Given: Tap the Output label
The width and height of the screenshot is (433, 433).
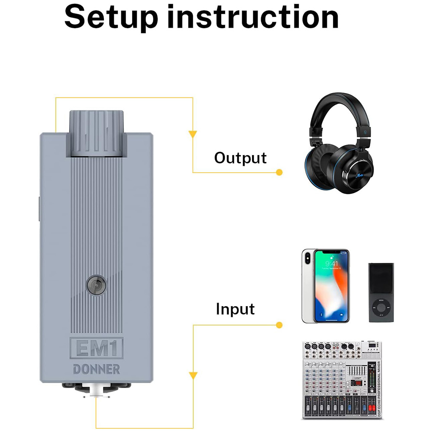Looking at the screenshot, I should [x=240, y=158].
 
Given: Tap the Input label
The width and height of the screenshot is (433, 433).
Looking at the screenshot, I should [x=235, y=309].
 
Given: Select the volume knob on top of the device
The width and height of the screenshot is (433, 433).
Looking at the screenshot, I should [x=96, y=132].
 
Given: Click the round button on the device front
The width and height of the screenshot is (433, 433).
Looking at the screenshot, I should [x=96, y=284].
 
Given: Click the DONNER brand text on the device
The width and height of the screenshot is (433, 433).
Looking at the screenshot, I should [x=96, y=369].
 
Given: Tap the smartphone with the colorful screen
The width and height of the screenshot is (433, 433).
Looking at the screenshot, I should [x=325, y=285].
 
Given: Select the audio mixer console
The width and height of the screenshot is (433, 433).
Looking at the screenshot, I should [x=342, y=380].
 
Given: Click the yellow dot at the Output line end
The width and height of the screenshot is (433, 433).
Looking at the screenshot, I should [x=279, y=172].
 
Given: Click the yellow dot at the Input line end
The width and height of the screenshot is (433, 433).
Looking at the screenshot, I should [x=279, y=324].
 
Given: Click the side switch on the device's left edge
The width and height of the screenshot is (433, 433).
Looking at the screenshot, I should [x=39, y=207].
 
